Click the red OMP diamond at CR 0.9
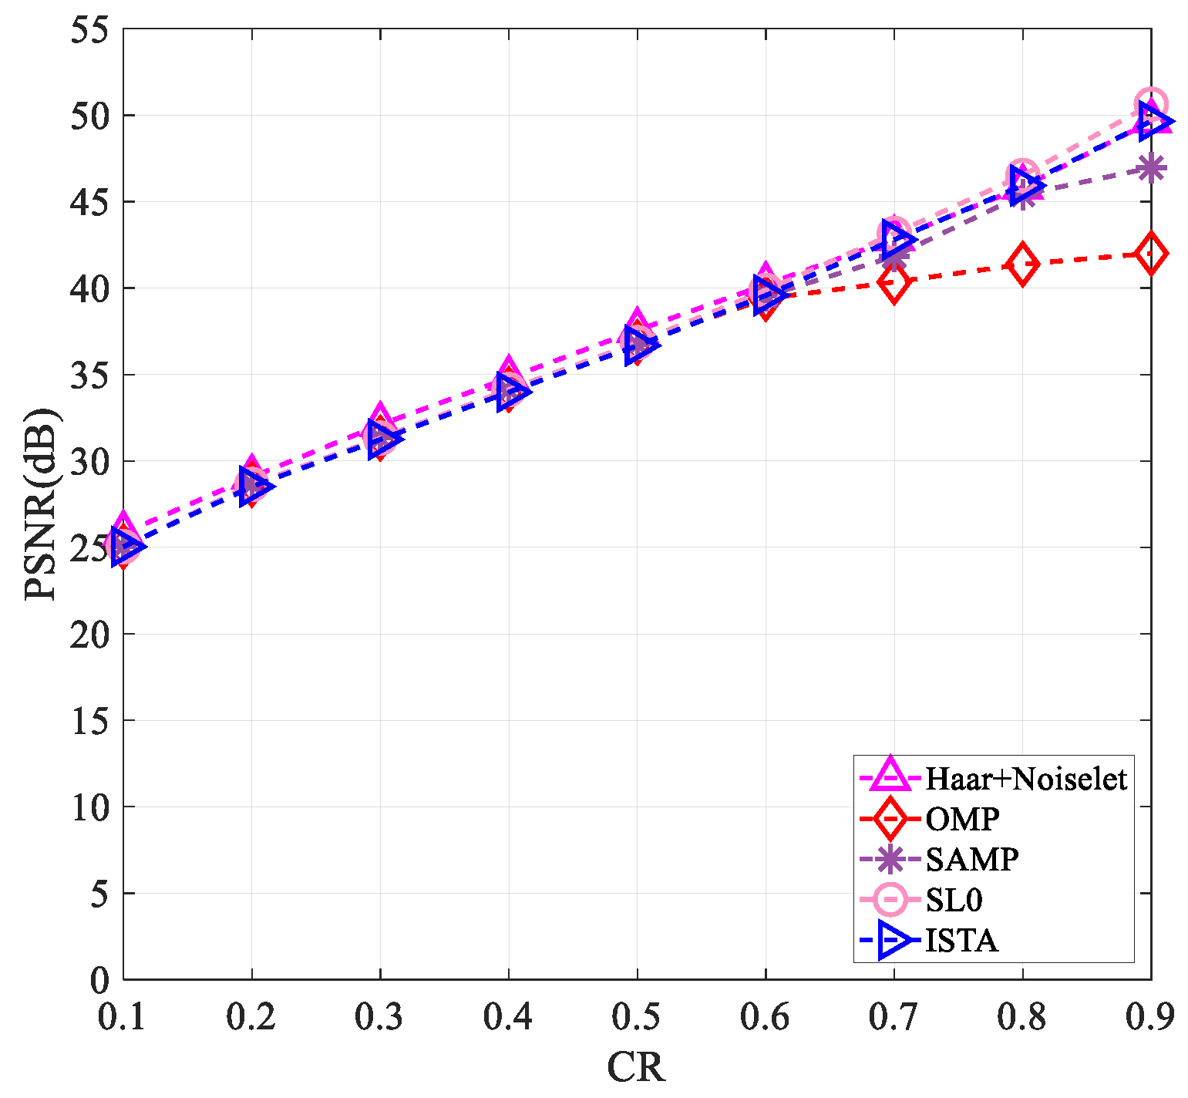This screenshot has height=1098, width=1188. click(x=1151, y=253)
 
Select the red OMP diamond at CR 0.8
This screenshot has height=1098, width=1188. click(x=1022, y=264)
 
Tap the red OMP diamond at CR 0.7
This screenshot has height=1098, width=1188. click(x=894, y=283)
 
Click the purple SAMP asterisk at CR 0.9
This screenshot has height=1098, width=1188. click(x=1151, y=168)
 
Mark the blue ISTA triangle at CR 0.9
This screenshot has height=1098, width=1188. click(x=1153, y=121)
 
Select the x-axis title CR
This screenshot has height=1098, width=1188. click(x=636, y=1068)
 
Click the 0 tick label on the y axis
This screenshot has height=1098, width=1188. click(x=99, y=981)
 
